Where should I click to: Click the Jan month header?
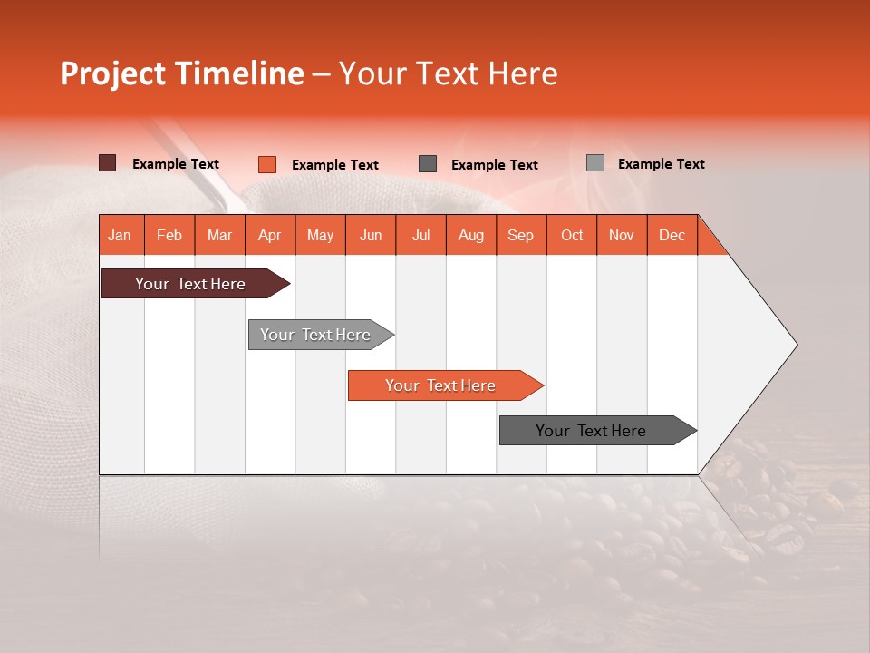pos(120,235)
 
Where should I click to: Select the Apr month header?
pos(270,235)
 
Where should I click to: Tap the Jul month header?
pos(420,235)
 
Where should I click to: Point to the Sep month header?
pos(520,235)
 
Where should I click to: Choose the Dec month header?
pos(672,235)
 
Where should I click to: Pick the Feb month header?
pos(169,235)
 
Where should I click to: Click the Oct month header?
pos(572,235)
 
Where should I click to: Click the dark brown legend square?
pos(108,163)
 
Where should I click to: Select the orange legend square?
pos(267,164)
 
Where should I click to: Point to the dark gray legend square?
pos(428,163)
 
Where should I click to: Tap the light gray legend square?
pos(595,163)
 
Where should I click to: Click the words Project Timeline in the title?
pos(182,73)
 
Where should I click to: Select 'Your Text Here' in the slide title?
pos(449,73)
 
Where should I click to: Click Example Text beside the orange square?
pos(335,165)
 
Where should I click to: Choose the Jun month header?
pos(371,235)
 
